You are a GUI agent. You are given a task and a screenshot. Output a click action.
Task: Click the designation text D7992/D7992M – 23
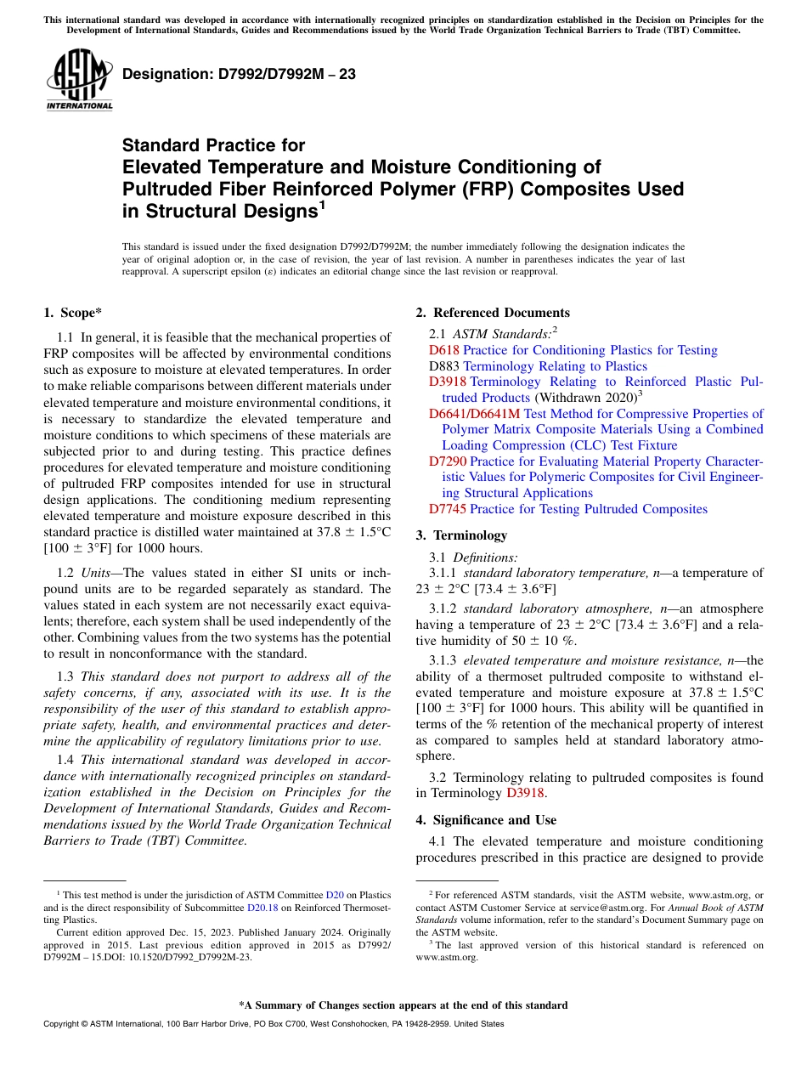coord(239,74)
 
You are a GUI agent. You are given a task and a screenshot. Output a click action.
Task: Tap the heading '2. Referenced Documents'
coord(493,313)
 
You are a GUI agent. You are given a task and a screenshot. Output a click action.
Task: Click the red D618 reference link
coord(443,350)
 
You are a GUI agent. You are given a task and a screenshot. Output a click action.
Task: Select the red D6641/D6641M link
coord(474,414)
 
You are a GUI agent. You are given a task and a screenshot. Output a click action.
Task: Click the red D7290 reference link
coord(448,461)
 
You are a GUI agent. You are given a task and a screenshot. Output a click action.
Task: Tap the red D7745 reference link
coord(447,509)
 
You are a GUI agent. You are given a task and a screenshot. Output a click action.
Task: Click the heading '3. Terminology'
coord(461,535)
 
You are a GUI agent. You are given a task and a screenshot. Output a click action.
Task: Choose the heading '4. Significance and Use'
coord(486,820)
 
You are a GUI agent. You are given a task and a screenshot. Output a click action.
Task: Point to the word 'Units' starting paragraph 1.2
coord(100,574)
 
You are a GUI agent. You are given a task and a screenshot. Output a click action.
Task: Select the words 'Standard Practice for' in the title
coord(213,145)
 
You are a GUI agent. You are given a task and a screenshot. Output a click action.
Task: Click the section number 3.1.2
coord(444,609)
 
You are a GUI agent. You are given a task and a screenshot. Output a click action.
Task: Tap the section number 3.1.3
coord(444,660)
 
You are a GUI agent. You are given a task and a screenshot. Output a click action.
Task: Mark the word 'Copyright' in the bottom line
coord(65,1024)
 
